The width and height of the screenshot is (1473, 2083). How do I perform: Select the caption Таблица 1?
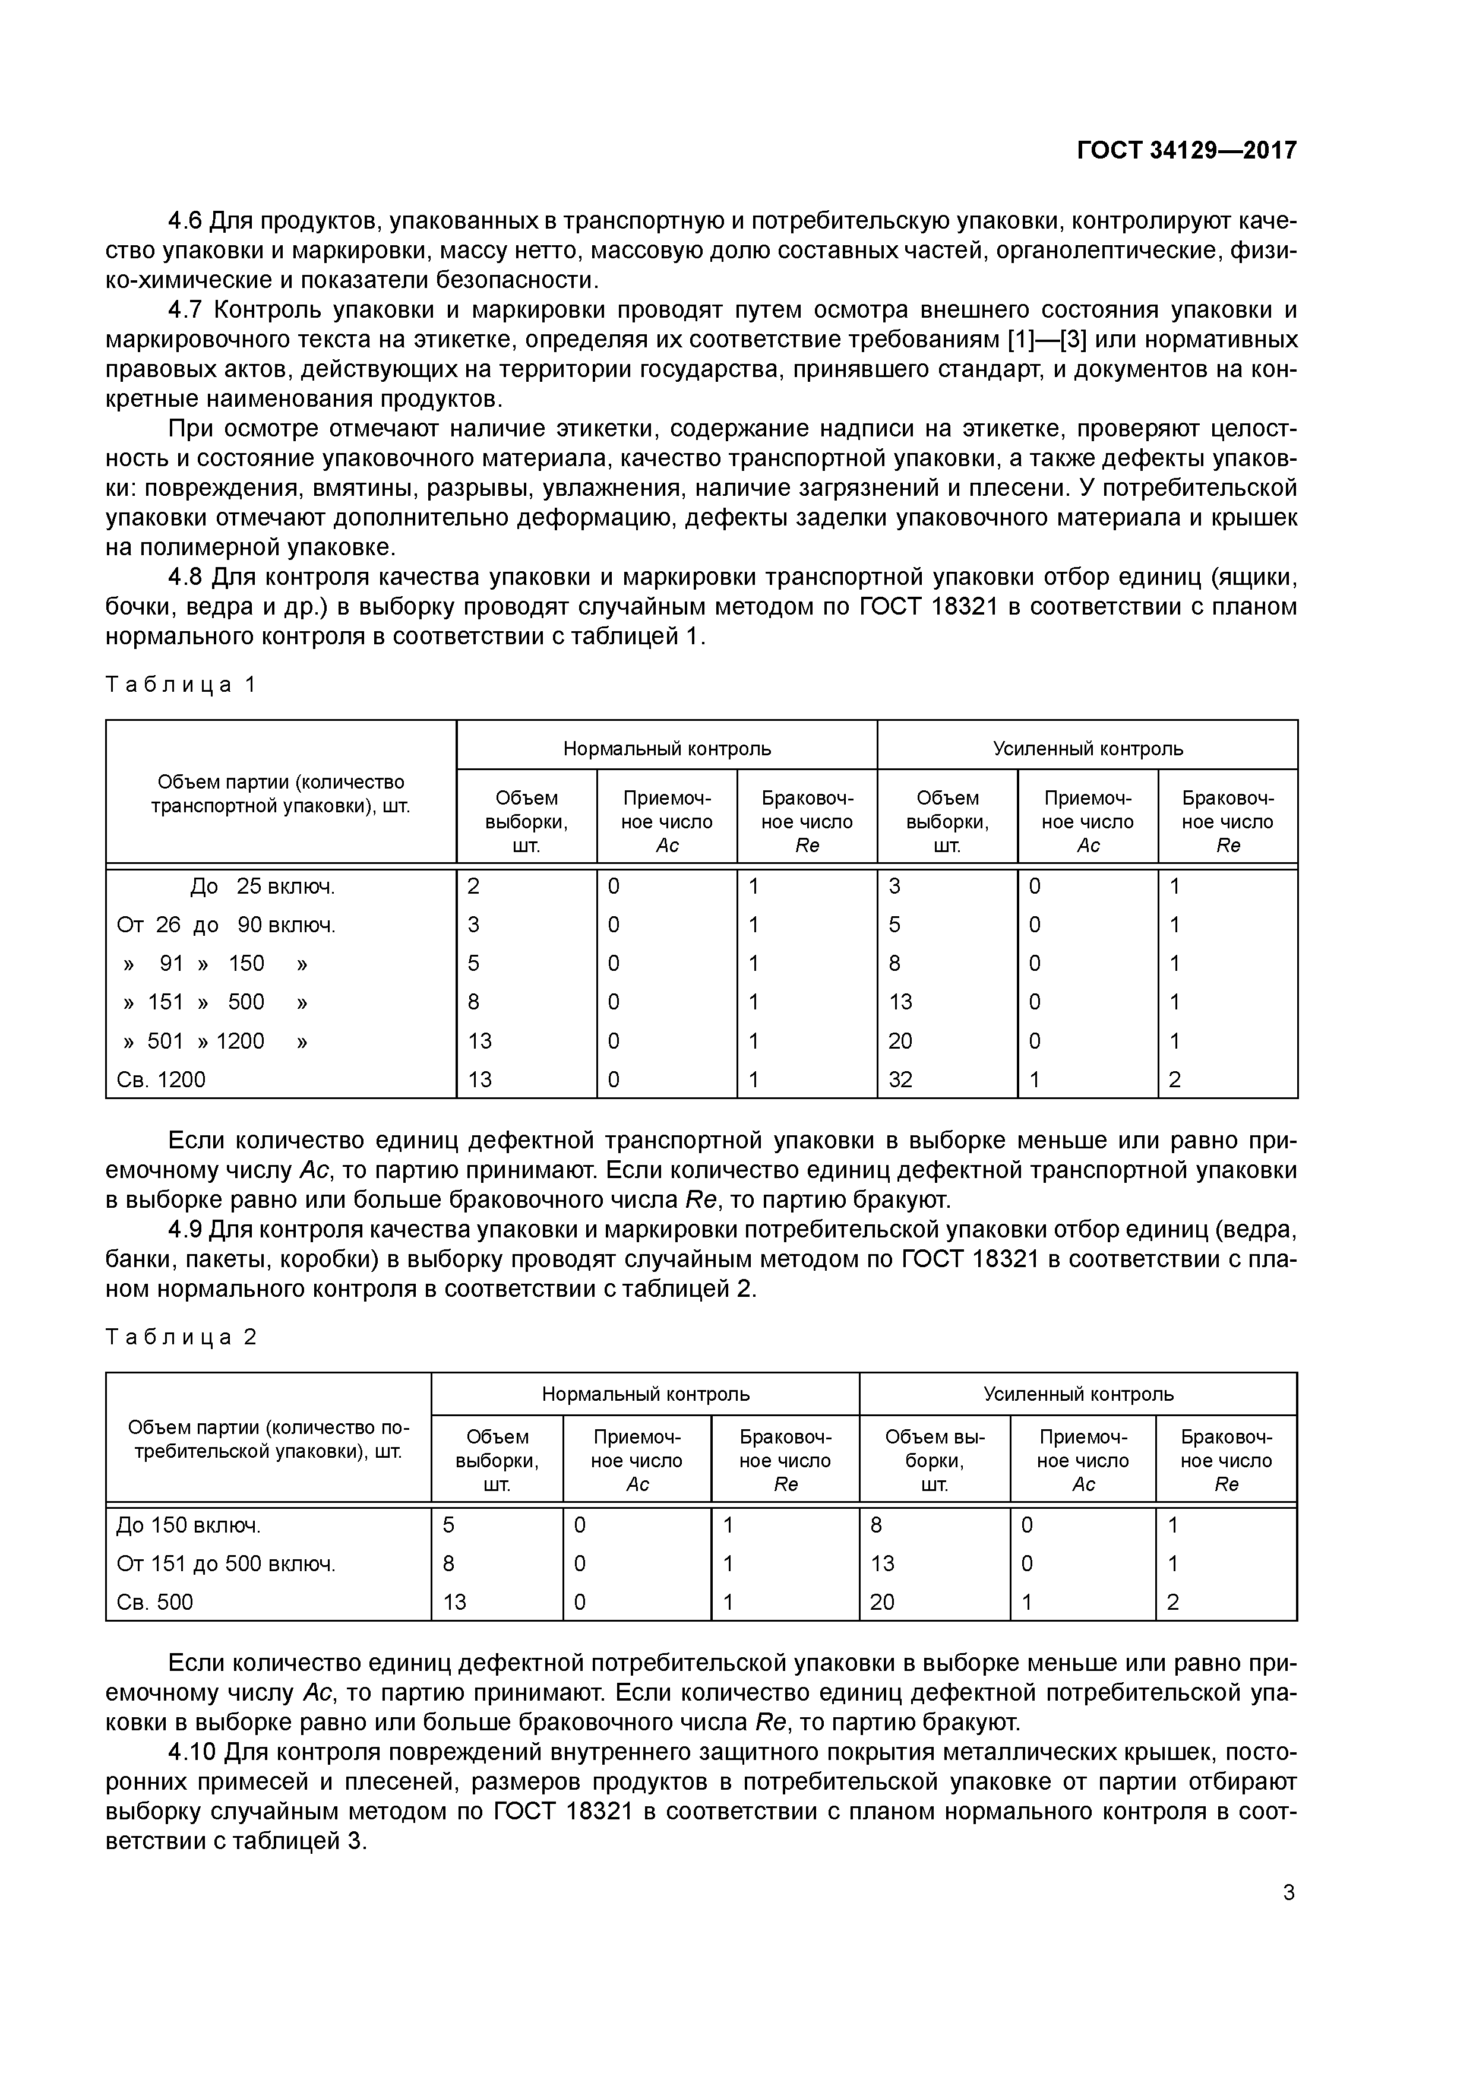(182, 685)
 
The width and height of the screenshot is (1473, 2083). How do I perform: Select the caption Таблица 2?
(182, 1337)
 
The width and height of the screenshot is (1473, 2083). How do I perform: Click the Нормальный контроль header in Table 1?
(667, 748)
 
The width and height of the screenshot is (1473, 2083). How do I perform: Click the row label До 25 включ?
(263, 887)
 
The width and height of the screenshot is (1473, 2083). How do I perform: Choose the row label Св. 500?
(155, 1602)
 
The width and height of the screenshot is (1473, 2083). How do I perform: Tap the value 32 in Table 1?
(900, 1080)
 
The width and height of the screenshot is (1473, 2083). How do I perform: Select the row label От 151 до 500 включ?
(226, 1564)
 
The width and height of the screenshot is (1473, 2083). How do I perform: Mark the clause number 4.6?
(188, 220)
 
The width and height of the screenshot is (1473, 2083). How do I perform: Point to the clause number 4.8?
(188, 578)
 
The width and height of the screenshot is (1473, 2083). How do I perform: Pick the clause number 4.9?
(188, 1230)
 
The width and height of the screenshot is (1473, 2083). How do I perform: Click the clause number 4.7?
(188, 311)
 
